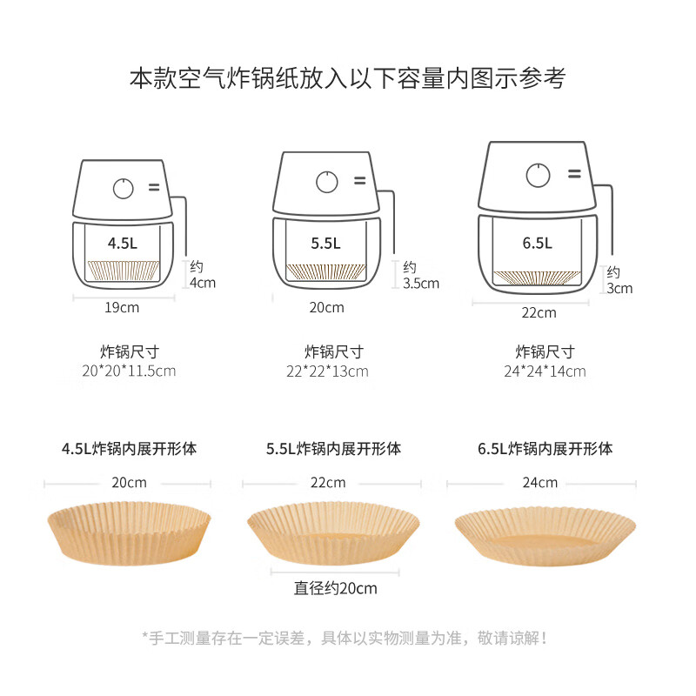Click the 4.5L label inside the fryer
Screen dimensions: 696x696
click(x=123, y=243)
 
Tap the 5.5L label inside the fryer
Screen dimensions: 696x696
click(x=326, y=244)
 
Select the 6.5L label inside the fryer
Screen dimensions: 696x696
click(x=538, y=243)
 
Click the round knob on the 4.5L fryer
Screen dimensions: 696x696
click(x=124, y=188)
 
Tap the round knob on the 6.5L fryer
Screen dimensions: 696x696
click(x=538, y=175)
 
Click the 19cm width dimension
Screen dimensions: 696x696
click(x=122, y=307)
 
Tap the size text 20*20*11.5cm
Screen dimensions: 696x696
click(x=130, y=371)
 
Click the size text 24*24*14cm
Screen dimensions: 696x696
click(x=545, y=371)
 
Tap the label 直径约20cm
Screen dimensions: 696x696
click(x=335, y=588)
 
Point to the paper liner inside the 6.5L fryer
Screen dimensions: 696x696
click(x=538, y=278)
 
